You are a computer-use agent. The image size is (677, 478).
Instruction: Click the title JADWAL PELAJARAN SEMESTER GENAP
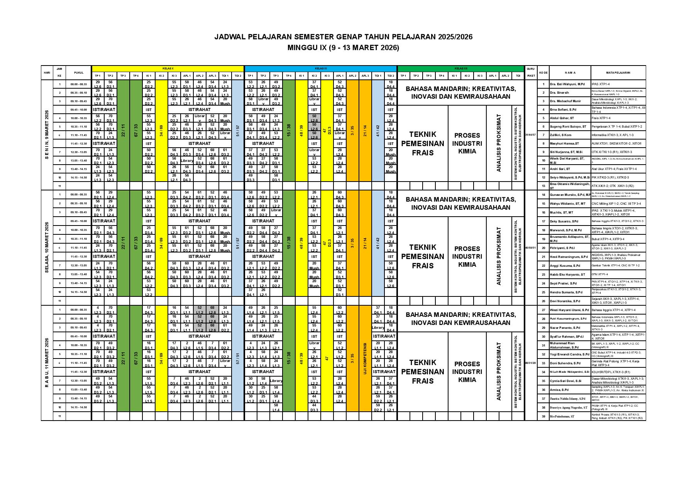point(343,37)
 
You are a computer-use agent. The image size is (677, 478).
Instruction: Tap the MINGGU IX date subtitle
point(343,48)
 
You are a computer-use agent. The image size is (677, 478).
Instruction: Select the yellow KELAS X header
point(167,68)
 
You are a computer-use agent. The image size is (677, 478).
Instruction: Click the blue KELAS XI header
point(320,68)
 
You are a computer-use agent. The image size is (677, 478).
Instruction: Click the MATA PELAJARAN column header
point(618,72)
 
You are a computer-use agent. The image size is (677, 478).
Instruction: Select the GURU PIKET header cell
point(531,72)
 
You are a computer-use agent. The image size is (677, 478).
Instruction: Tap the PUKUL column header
point(78,72)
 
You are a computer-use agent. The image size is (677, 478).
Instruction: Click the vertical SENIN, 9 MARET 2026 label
point(47,135)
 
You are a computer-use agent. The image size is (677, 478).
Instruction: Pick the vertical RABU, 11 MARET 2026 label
point(47,363)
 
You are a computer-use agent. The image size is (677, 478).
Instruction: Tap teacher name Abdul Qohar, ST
point(562,118)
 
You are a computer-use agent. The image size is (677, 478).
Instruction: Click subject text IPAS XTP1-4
point(600,84)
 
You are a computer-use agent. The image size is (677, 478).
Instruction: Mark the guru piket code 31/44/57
point(531,135)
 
